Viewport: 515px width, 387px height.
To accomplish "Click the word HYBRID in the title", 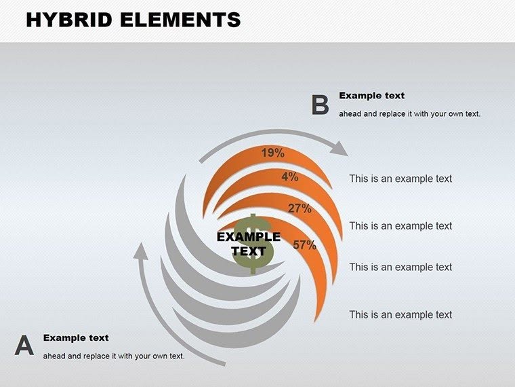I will (71, 20).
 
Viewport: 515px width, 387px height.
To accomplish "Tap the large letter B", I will (320, 105).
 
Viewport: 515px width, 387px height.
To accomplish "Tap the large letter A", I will (24, 346).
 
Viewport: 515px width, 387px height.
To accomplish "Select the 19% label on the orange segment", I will (272, 153).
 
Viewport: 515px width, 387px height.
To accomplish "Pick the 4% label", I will (290, 177).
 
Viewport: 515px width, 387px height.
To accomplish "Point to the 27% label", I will (300, 208).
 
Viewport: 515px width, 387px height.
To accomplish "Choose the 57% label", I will (304, 245).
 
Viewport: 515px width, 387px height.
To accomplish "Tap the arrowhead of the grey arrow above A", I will (141, 252).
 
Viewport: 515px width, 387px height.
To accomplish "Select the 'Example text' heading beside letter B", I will (371, 96).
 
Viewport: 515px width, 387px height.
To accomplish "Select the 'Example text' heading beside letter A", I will (76, 337).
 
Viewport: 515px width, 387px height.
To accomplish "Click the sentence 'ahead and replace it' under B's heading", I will (409, 113).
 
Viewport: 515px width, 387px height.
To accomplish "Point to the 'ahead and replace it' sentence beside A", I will (114, 356).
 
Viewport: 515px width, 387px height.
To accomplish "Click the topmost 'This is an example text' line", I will (400, 179).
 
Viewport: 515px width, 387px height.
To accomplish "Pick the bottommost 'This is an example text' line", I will (400, 314).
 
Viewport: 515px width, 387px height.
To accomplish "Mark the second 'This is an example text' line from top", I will (400, 225).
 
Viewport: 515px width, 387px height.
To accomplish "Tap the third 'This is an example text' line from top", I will (400, 267).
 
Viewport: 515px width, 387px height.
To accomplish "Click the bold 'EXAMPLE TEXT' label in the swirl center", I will (248, 244).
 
